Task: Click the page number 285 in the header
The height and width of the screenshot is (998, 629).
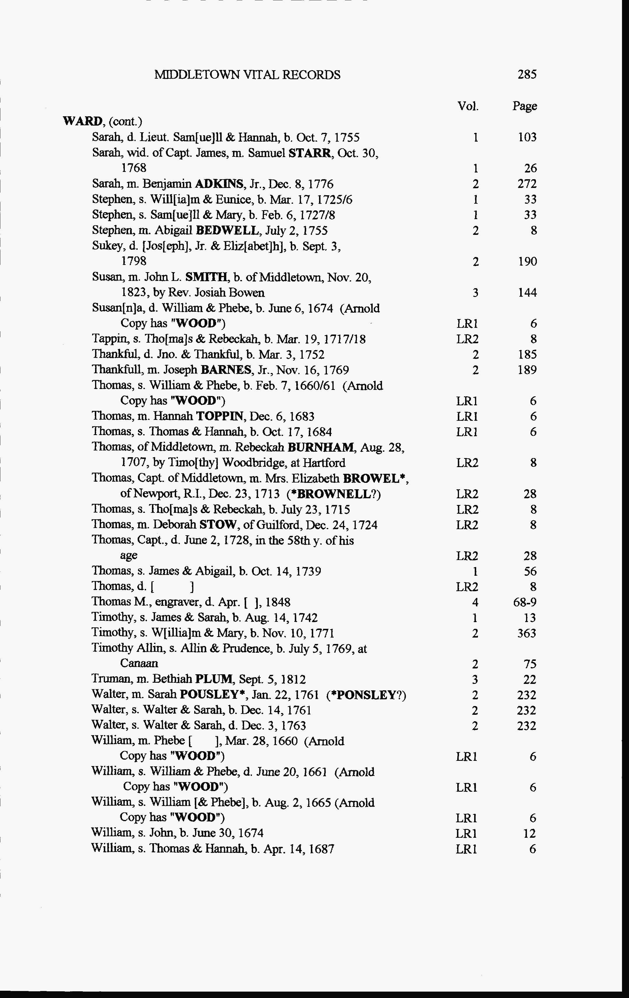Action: [x=527, y=74]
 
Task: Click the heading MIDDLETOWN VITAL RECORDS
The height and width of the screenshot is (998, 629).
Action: [x=247, y=75]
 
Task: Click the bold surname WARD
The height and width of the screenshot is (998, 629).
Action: [x=83, y=122]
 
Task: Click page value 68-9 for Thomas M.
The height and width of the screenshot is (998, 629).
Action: [x=525, y=602]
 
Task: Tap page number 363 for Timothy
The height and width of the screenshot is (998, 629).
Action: [x=527, y=633]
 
